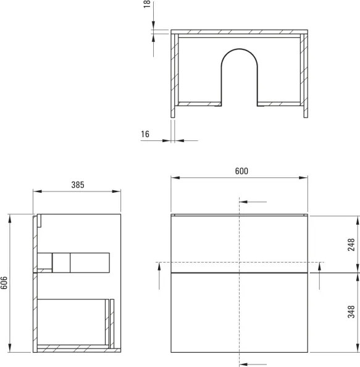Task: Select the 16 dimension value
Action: point(145,135)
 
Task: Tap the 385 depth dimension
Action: point(77,184)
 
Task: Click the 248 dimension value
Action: point(351,244)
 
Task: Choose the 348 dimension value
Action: point(351,311)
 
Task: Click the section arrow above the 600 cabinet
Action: point(254,202)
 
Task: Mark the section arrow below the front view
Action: point(254,363)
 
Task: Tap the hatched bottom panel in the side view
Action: point(74,349)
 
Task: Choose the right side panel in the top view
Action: point(304,74)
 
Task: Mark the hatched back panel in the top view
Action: point(239,31)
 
